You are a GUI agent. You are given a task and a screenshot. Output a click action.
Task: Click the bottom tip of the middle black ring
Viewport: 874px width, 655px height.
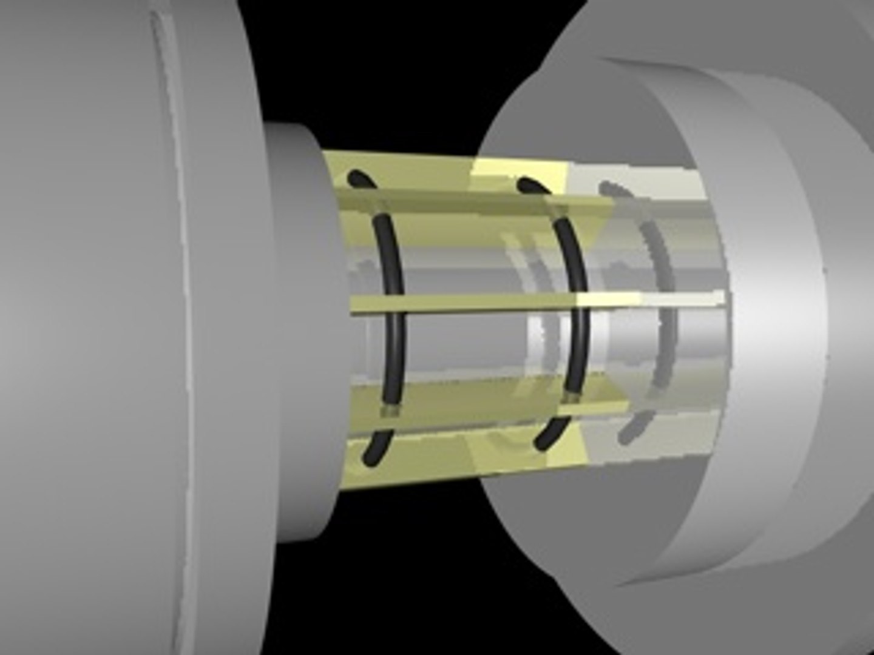tap(541, 445)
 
